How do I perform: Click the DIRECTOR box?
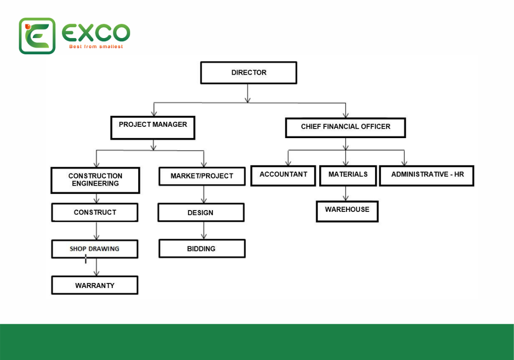[x=249, y=72]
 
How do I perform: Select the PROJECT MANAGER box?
[x=153, y=128]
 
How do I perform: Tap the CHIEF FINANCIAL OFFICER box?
[x=346, y=128]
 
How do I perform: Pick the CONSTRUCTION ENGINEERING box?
[x=96, y=180]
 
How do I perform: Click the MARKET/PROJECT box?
[x=202, y=177]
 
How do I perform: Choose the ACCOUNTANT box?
[x=283, y=176]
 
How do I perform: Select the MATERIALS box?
[x=348, y=176]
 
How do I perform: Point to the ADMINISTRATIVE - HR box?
[x=427, y=176]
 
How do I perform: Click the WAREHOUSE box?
[x=347, y=211]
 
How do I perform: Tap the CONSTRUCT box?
[x=95, y=212]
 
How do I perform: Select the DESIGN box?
[x=201, y=212]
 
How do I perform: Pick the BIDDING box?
[x=202, y=249]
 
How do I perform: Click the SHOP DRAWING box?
[x=95, y=249]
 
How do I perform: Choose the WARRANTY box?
[x=95, y=285]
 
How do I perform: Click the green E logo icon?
[x=37, y=36]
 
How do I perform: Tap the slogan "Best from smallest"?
[x=96, y=47]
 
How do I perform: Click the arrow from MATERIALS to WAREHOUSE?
[x=346, y=193]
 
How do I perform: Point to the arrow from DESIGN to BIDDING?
[x=204, y=230]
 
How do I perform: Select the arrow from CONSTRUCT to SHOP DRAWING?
[x=96, y=231]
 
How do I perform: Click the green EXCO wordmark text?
[x=96, y=33]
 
